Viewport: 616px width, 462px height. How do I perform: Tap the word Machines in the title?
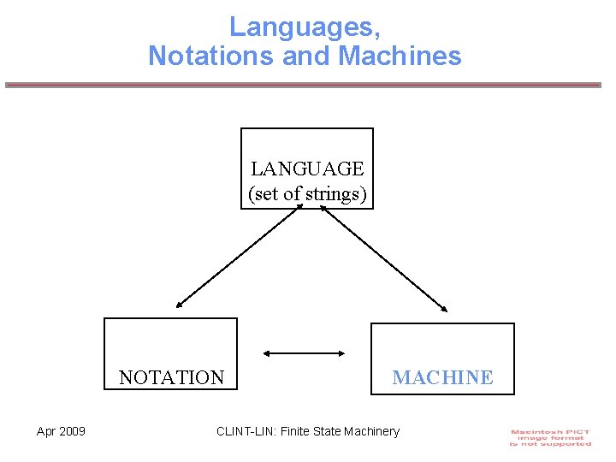[x=400, y=56]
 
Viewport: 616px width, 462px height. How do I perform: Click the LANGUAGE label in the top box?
[x=307, y=169]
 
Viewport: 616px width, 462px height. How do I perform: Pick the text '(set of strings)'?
[x=307, y=194]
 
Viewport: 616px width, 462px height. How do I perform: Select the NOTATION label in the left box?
[x=171, y=377]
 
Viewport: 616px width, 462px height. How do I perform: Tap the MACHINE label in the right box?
[x=442, y=377]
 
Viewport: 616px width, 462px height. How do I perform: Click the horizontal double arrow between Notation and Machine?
[x=304, y=352]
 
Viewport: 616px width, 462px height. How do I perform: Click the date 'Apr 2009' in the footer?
[x=61, y=431]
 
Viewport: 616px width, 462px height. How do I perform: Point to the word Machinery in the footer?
[x=371, y=431]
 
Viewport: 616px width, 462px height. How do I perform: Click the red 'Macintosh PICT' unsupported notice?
[x=551, y=437]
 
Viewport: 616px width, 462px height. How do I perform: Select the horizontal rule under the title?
[x=304, y=85]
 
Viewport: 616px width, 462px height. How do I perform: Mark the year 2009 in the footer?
[x=72, y=431]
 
